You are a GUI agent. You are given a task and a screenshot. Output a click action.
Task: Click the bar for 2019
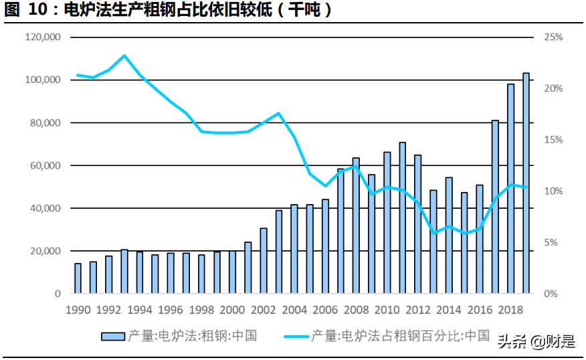(x=526, y=183)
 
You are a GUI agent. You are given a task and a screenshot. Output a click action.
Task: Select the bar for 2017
(x=495, y=207)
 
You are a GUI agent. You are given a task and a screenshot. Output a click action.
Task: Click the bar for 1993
(x=124, y=272)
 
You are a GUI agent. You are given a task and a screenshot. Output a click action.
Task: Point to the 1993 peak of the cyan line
(x=124, y=56)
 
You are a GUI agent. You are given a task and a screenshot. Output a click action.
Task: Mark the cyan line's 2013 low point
(x=433, y=233)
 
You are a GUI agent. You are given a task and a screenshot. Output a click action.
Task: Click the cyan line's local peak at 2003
(x=279, y=113)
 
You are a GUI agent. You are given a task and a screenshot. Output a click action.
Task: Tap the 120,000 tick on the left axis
(x=43, y=37)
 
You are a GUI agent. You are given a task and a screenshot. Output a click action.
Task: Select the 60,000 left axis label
(x=46, y=165)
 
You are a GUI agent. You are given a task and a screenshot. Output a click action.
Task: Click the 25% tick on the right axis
(x=553, y=37)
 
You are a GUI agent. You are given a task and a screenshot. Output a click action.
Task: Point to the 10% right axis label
(x=553, y=191)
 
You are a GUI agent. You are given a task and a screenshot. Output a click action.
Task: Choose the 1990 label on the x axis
(x=78, y=310)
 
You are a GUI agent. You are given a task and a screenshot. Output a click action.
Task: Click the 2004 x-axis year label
(x=294, y=310)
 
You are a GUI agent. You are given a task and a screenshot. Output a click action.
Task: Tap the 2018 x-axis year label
(x=510, y=310)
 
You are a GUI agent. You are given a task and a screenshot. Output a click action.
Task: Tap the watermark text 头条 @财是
(x=535, y=342)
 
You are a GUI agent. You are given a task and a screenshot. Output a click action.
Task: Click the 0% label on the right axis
(x=551, y=294)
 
